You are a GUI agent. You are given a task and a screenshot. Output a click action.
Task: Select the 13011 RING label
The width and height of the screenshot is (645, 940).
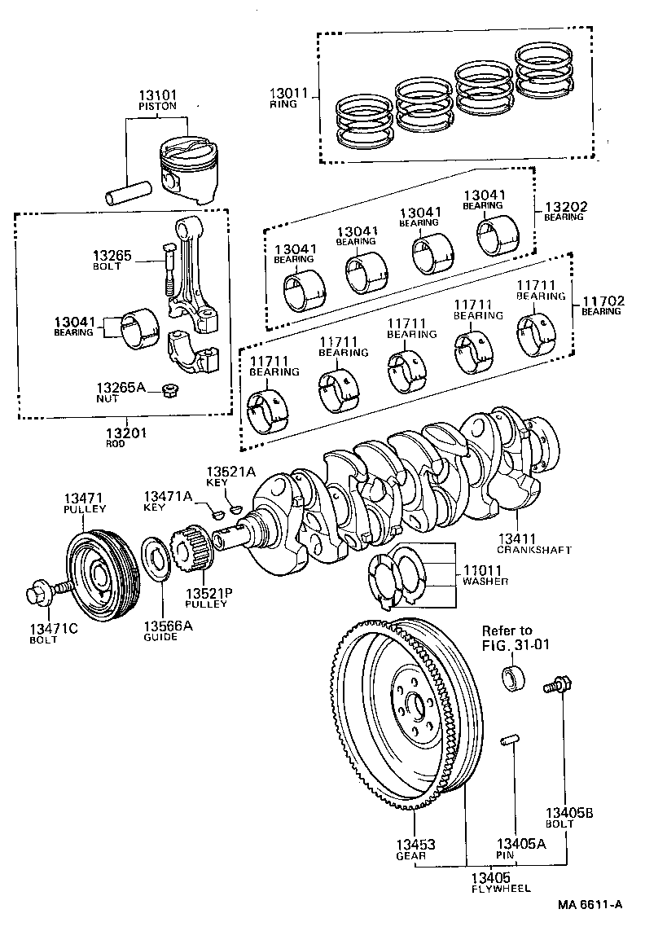click(x=289, y=98)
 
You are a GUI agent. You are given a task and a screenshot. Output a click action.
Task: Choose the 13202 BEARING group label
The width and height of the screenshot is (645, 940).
click(x=564, y=212)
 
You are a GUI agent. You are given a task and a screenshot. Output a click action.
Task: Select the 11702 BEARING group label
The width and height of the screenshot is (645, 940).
click(x=602, y=305)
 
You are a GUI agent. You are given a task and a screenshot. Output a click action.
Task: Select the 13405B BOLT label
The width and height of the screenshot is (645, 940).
click(x=570, y=817)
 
